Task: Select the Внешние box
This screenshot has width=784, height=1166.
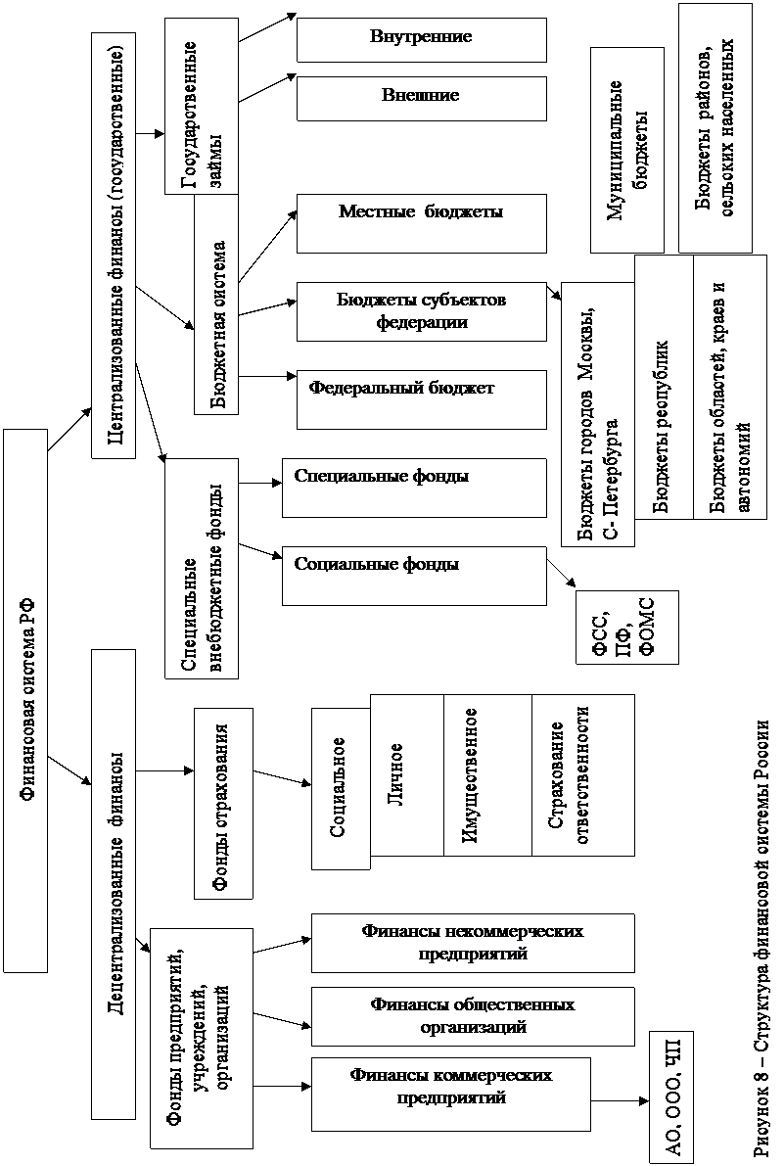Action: pyautogui.click(x=421, y=98)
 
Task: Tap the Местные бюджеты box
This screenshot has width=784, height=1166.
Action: pyautogui.click(x=421, y=224)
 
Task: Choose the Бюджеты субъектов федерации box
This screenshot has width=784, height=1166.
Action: pyautogui.click(x=421, y=311)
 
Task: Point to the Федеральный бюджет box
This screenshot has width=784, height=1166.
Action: pyautogui.click(x=421, y=399)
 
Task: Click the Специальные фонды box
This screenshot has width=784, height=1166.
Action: pyautogui.click(x=414, y=488)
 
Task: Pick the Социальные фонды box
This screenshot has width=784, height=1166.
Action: pyautogui.click(x=414, y=576)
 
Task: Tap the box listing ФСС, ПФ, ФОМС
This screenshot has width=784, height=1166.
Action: pyautogui.click(x=627, y=627)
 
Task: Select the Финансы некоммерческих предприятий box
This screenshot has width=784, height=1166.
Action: pyautogui.click(x=473, y=943)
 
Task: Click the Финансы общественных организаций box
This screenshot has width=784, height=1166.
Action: pyautogui.click(x=473, y=1016)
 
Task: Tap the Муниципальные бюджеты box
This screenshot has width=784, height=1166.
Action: pyautogui.click(x=627, y=150)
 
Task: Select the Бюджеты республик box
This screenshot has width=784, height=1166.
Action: pyautogui.click(x=664, y=400)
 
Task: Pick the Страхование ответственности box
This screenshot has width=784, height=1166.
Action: pyautogui.click(x=583, y=774)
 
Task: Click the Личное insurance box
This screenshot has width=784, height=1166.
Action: pyautogui.click(x=406, y=774)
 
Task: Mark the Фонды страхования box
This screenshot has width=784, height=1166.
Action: pyautogui.click(x=223, y=804)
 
